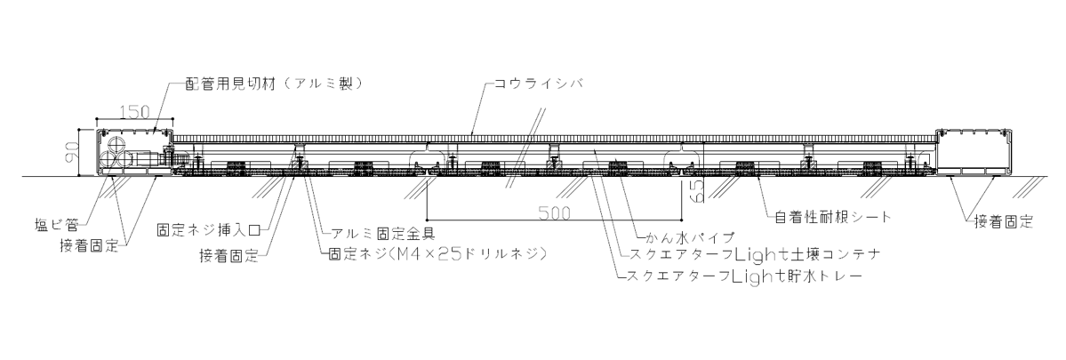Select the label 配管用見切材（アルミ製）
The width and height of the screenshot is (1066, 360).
click(x=277, y=83)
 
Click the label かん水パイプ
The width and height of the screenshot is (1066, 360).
click(x=689, y=238)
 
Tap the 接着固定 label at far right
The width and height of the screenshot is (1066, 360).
click(x=1003, y=223)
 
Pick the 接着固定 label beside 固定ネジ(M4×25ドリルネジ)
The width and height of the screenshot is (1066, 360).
click(x=229, y=256)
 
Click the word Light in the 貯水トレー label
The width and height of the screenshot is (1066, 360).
click(x=757, y=276)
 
